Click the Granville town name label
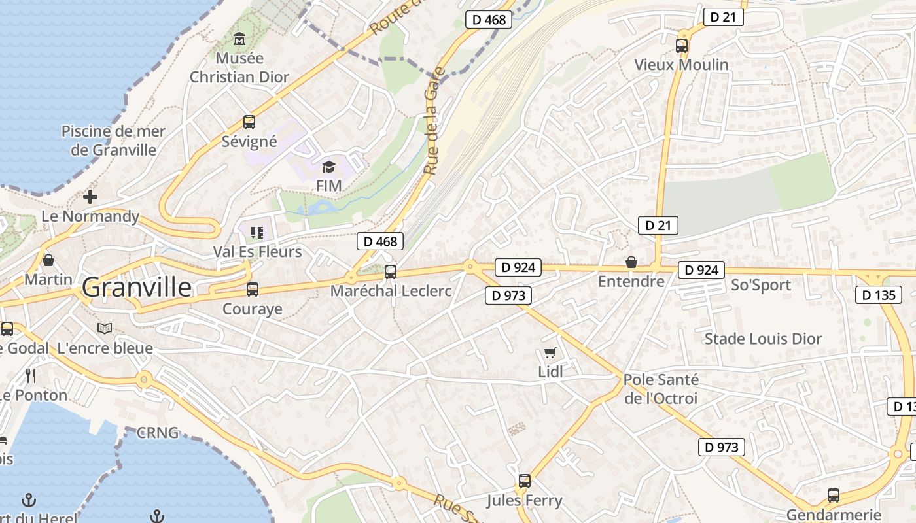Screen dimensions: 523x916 click(x=137, y=288)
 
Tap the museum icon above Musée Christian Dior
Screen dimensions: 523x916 click(x=239, y=39)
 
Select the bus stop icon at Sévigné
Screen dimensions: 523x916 click(x=249, y=122)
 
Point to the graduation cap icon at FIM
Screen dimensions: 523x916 click(x=328, y=167)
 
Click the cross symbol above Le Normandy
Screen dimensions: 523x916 click(x=90, y=196)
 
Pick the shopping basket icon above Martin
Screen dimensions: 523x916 click(x=48, y=260)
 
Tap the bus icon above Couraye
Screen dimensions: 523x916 click(x=253, y=289)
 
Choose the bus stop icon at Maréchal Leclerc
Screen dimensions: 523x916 click(x=391, y=271)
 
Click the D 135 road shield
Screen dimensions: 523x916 click(x=878, y=295)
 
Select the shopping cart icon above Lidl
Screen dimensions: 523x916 click(x=550, y=353)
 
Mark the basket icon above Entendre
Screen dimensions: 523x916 click(x=631, y=262)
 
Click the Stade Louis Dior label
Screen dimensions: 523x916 click(x=762, y=339)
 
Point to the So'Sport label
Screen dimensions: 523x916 click(x=761, y=285)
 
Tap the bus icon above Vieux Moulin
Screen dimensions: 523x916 click(x=682, y=46)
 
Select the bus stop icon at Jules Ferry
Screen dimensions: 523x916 click(x=524, y=481)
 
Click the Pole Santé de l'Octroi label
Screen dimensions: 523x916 click(x=661, y=389)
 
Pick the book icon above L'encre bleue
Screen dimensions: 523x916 click(x=105, y=328)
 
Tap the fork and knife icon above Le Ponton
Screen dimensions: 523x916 click(x=30, y=375)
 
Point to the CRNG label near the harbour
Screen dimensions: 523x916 click(x=157, y=433)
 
